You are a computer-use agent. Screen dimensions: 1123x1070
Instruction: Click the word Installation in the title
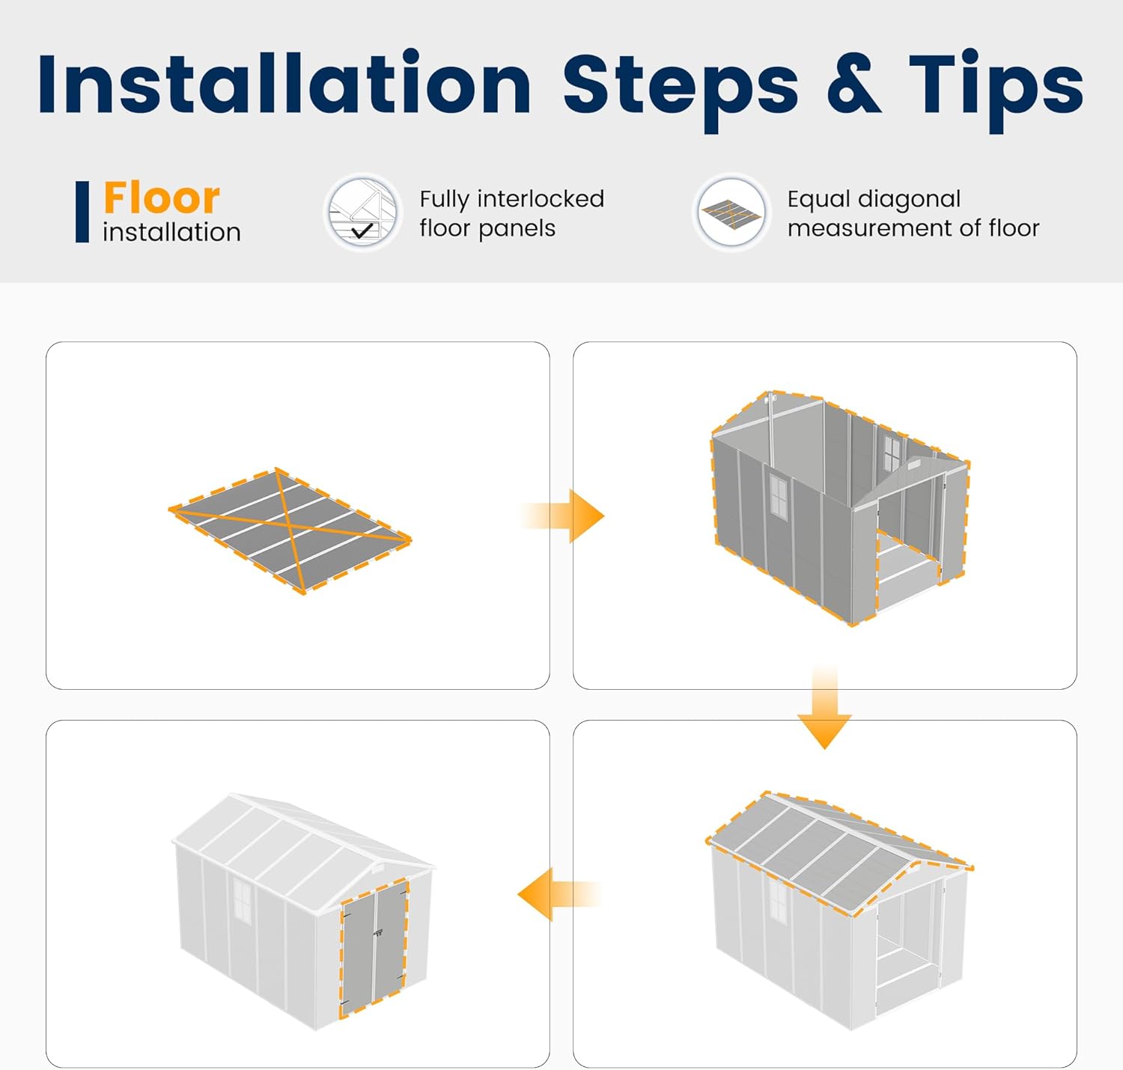[284, 83]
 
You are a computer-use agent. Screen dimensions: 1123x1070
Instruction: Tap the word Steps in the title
[681, 91]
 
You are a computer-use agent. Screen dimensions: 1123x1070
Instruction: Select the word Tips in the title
[996, 91]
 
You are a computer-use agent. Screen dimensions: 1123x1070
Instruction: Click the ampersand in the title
[853, 85]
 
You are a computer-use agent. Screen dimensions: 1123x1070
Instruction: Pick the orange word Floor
[162, 198]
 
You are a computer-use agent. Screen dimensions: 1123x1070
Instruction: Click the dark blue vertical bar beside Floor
[82, 212]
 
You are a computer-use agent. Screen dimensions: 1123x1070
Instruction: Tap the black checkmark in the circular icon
[362, 230]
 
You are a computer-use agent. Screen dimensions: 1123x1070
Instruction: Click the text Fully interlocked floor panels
[512, 213]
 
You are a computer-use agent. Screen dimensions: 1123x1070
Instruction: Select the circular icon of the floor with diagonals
[731, 213]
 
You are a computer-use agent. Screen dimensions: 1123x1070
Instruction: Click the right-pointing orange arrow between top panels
[562, 516]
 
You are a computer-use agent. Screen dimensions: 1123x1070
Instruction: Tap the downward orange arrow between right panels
[824, 706]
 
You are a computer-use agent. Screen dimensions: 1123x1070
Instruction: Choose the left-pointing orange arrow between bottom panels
[559, 894]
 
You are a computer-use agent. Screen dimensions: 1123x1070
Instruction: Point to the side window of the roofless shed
[779, 496]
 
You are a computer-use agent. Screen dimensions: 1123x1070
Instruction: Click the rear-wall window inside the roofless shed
[892, 453]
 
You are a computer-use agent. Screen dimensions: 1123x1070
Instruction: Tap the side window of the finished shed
[242, 901]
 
